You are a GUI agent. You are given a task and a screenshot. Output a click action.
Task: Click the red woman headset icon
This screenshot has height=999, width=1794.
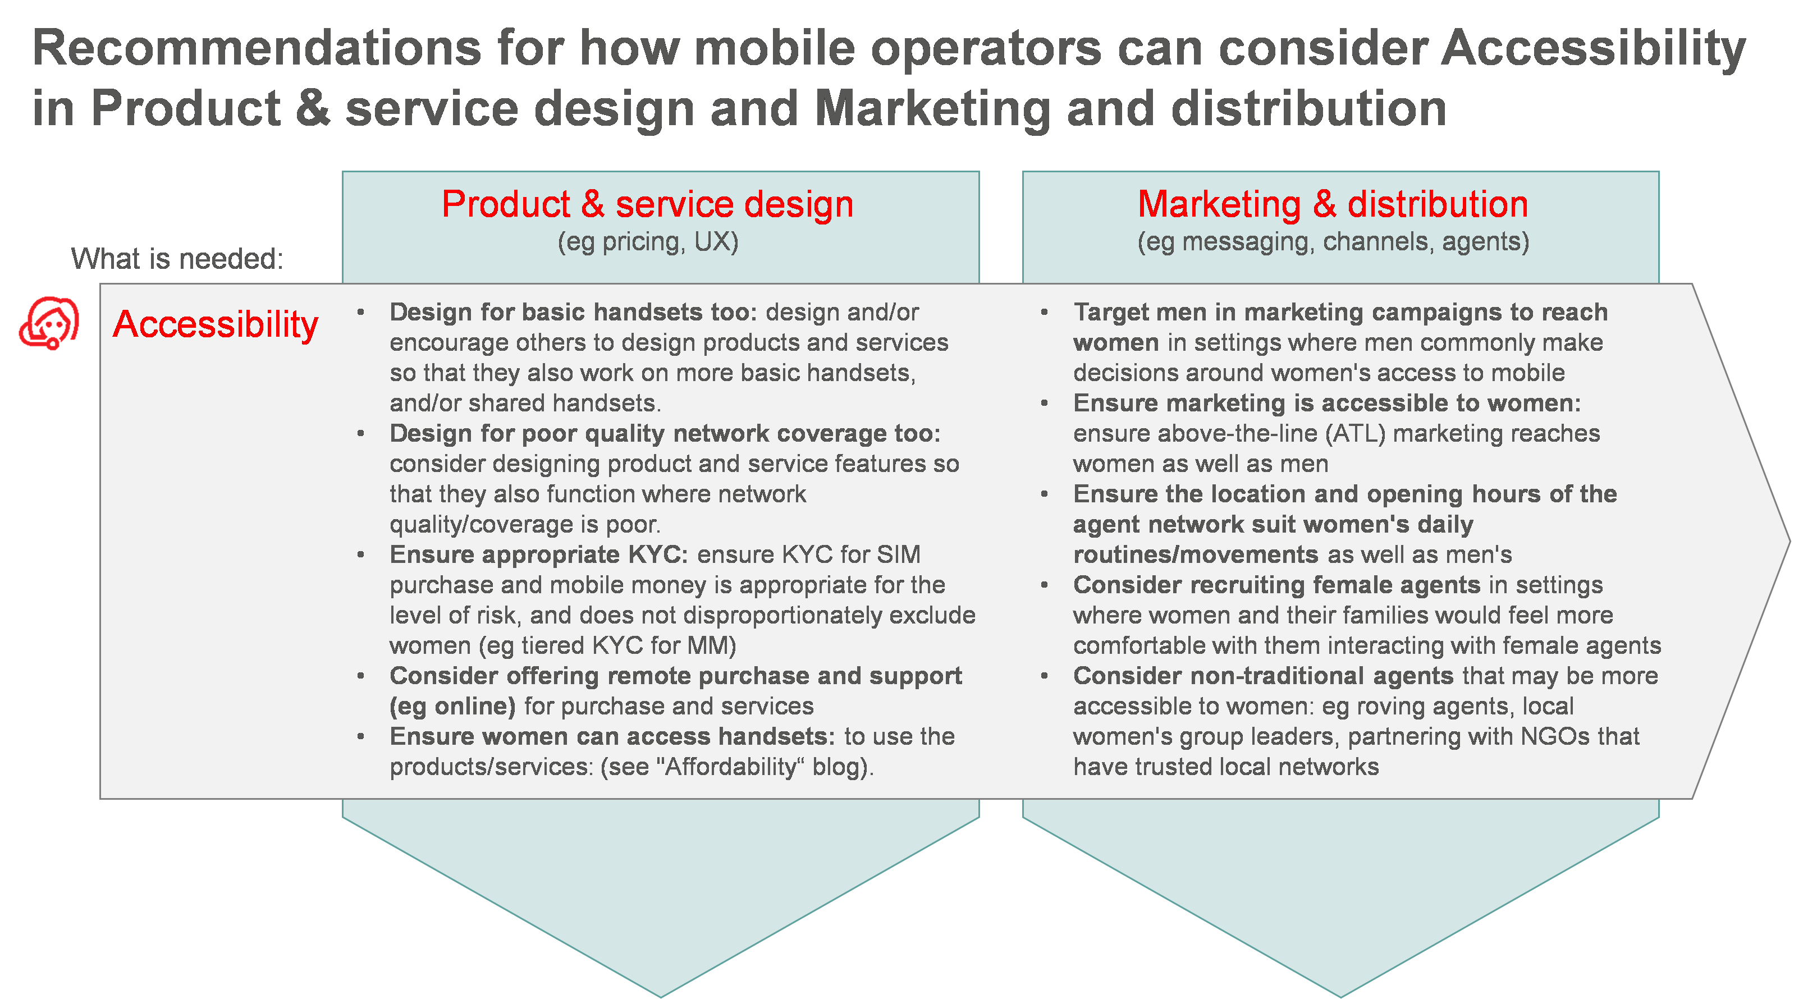[49, 323]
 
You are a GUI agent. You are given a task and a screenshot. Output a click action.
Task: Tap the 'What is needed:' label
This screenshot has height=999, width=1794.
[177, 259]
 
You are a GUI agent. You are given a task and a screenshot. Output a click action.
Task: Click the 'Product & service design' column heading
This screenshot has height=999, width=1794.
[647, 205]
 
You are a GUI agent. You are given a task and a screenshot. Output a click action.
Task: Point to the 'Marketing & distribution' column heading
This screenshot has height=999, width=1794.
[1332, 205]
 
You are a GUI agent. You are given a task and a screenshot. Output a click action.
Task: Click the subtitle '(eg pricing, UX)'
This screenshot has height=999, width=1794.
[648, 241]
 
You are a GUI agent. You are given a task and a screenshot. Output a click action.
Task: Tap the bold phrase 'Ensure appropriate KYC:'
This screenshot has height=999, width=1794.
[538, 555]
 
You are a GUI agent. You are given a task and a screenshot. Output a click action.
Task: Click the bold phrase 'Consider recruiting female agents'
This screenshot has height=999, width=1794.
[1276, 585]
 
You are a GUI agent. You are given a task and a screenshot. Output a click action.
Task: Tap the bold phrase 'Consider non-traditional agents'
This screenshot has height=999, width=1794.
[1262, 676]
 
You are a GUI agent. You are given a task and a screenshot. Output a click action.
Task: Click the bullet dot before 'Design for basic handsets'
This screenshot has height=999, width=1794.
[361, 313]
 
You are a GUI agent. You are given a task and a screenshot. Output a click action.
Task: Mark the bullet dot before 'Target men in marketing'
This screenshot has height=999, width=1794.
[1044, 313]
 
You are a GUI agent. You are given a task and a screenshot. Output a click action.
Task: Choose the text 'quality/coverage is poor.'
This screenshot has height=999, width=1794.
[524, 525]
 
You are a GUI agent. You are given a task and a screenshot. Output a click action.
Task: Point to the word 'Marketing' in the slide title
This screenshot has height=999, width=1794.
[932, 110]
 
